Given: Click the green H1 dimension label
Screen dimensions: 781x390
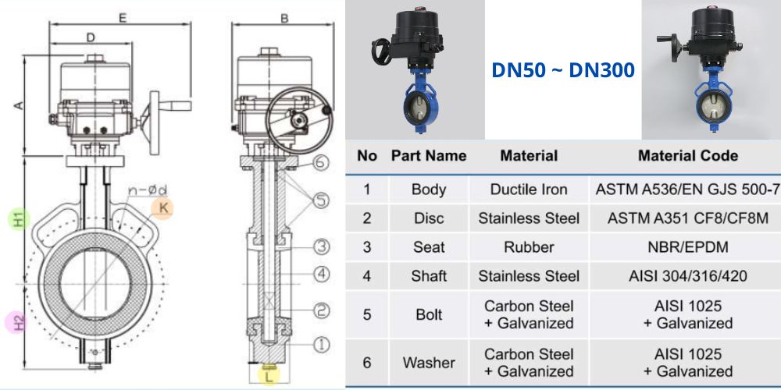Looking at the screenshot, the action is coord(19,219).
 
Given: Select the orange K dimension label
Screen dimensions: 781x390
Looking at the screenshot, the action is coord(163,208).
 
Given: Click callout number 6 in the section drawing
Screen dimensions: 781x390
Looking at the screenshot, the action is coord(322,162).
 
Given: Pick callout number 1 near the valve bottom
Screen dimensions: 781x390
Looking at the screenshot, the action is coord(322,344).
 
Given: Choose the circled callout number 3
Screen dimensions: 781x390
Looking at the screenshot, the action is coord(322,246).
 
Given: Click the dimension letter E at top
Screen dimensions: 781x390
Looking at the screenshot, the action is coord(123,19).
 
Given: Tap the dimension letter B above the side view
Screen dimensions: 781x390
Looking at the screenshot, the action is coord(284,19).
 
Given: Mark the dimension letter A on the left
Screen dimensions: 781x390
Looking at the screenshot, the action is coord(18,105).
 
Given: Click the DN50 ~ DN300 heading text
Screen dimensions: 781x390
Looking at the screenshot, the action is coord(563,70).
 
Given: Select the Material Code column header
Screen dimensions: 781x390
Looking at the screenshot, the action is coord(688,156).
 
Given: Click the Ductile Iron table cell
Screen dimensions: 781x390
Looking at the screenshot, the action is coord(529,190).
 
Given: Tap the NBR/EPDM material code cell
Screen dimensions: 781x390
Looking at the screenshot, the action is coord(688,247).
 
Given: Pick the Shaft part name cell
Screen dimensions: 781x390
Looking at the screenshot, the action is coord(429,276).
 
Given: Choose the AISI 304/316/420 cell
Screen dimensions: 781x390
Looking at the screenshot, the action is coord(688,276).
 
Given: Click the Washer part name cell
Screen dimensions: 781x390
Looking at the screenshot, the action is coord(429,363).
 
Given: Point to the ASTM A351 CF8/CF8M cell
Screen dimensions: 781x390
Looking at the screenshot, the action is coord(688,218).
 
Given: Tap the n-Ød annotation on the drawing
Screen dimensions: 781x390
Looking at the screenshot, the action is coord(148,190).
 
